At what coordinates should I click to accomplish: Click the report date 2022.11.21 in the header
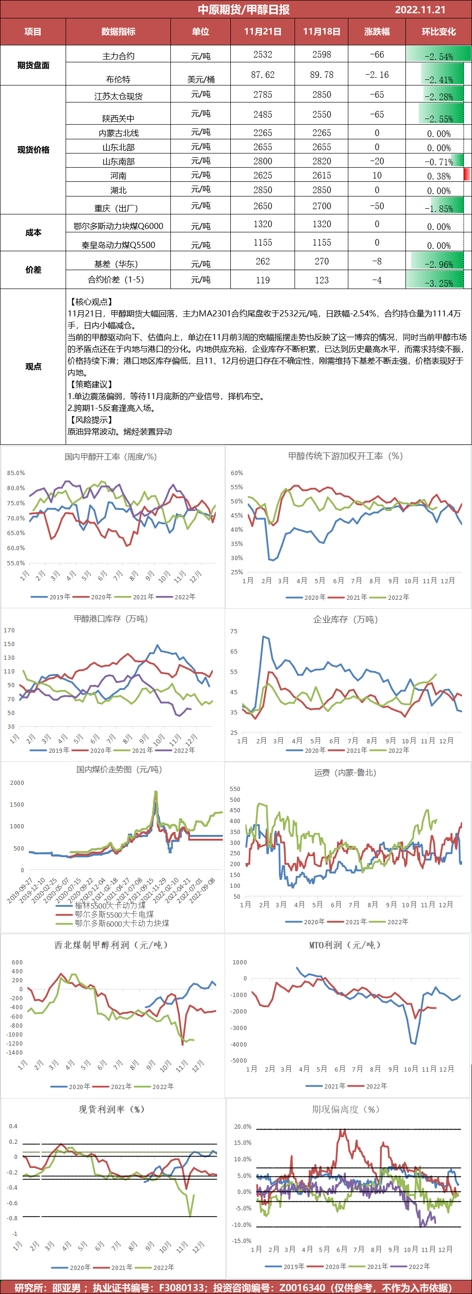[x=420, y=9]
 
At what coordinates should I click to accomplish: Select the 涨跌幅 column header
[x=377, y=32]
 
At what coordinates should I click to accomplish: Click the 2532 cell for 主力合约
[x=262, y=54]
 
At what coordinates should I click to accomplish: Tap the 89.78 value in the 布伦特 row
[x=321, y=75]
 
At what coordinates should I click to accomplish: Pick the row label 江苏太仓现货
[x=118, y=96]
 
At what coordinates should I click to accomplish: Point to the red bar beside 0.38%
[x=467, y=175]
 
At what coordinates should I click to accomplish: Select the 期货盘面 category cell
[x=33, y=65]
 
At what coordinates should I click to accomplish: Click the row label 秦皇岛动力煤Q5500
[x=118, y=245]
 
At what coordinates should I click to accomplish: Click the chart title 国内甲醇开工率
[x=110, y=457]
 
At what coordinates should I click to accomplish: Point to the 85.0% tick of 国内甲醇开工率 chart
[x=16, y=473]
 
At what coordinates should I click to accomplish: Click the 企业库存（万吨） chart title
[x=346, y=619]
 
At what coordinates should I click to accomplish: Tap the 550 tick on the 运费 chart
[x=235, y=789]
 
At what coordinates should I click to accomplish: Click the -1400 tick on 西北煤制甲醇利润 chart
[x=15, y=1052]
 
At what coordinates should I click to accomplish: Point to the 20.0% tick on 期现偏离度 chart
[x=243, y=1127]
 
